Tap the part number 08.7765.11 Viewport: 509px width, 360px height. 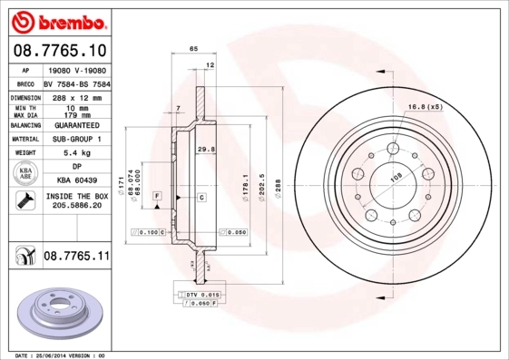(x=75, y=257)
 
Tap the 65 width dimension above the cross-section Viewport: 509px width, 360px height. (x=193, y=47)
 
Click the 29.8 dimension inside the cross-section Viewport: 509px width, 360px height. (x=205, y=150)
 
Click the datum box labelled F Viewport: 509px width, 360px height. (x=157, y=196)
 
